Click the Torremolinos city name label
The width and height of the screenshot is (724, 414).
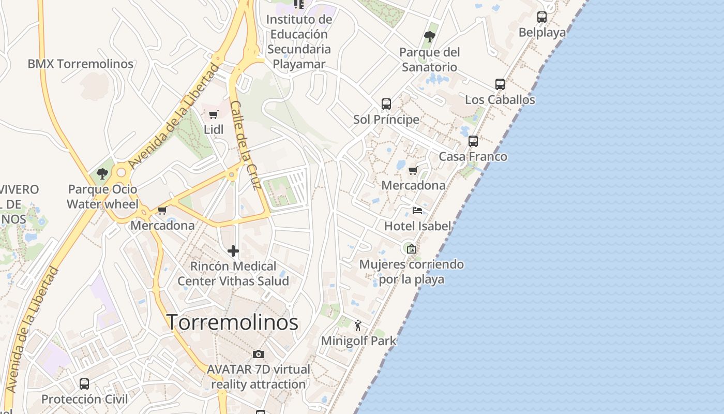click(232, 322)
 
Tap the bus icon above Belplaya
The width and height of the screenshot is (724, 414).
click(542, 17)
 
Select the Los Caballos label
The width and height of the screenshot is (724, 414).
click(500, 99)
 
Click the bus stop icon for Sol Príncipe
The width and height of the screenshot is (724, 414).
click(386, 104)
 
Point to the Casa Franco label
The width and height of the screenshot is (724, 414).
click(473, 156)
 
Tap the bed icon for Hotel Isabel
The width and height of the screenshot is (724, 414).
click(417, 211)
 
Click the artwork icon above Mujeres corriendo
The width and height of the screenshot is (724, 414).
click(411, 249)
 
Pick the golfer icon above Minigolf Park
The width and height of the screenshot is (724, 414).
click(358, 326)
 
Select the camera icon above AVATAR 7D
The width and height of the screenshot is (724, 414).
click(259, 354)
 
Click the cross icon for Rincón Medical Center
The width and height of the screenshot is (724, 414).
click(233, 251)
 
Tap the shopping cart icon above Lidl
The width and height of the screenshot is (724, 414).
click(214, 114)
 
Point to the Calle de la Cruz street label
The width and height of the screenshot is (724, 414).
click(244, 145)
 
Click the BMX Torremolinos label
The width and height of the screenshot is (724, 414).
click(81, 64)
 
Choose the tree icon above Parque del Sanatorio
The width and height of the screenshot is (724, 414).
click(429, 36)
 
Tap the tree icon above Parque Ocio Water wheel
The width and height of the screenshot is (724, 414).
click(102, 173)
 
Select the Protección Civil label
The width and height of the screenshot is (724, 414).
click(84, 399)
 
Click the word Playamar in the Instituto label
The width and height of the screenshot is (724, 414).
click(299, 64)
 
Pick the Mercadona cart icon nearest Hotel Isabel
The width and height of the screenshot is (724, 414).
click(413, 170)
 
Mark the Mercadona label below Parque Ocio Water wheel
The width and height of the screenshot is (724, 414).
click(162, 225)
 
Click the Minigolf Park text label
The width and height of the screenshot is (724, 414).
click(358, 341)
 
